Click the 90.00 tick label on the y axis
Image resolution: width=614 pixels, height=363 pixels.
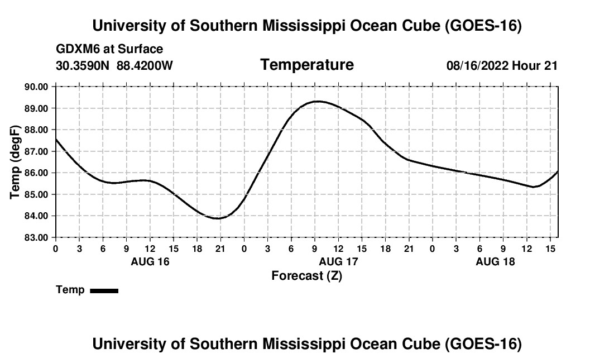coord(36,87)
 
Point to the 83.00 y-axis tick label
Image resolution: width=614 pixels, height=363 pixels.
coord(36,238)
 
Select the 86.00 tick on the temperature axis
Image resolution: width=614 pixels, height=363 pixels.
coord(36,173)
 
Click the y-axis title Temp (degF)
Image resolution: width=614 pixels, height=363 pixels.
coord(15,162)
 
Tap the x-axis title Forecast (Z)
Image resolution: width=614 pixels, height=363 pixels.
coord(307,276)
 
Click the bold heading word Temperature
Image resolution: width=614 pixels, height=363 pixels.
coord(307,65)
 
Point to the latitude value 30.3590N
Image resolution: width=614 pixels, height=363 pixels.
coord(83,65)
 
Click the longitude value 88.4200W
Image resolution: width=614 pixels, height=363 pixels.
coord(145,65)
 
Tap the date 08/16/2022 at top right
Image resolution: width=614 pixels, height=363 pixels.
coord(478,65)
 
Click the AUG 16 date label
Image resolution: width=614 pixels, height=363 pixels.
coord(150,261)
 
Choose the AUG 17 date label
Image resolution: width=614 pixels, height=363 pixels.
coord(338,261)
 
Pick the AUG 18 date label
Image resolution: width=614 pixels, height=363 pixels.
coord(495,261)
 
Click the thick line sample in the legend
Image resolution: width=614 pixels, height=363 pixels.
coord(104,290)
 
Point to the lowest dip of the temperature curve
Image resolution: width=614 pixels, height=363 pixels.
coord(218,218)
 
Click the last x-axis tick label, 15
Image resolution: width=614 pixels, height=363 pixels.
coord(550,249)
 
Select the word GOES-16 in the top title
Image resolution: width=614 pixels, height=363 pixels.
coord(483,26)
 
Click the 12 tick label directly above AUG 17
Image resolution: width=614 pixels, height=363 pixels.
coord(338,249)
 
